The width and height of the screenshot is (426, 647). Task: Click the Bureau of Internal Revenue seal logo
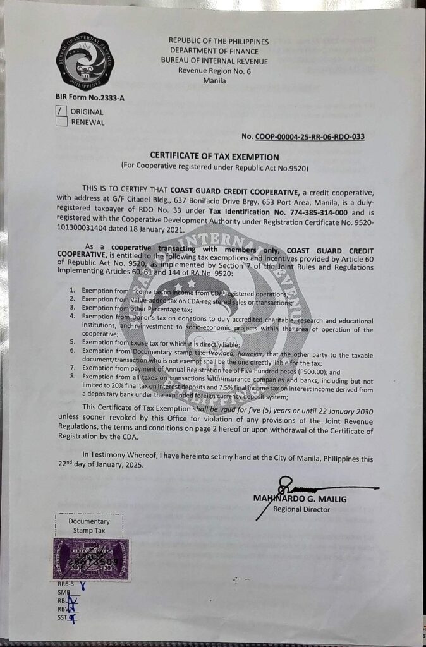point(81,63)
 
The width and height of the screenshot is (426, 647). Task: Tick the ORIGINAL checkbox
point(62,111)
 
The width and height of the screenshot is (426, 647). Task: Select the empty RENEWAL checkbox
point(62,122)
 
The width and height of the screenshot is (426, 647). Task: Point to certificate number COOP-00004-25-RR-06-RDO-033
point(310,136)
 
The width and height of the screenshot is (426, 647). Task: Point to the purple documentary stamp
point(91,560)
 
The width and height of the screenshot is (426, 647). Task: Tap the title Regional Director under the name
point(301,509)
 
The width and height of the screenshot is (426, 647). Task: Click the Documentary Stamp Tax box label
point(89,525)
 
